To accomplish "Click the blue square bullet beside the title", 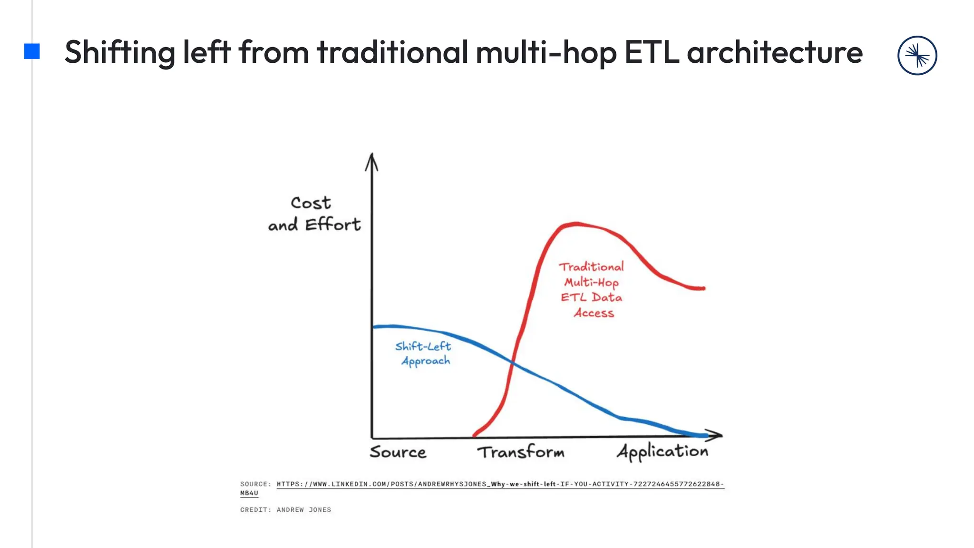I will pos(32,51).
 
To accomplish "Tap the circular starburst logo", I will pos(917,56).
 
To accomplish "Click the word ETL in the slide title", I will pos(652,52).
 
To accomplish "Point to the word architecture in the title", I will pos(775,52).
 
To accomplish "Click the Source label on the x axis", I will pos(398,452).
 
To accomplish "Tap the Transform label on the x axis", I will pos(521,452).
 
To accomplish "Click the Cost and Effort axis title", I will pos(314,214).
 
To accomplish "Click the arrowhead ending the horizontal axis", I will pos(716,435).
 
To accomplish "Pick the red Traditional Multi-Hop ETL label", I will pos(592,289).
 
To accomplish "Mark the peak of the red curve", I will pos(576,223).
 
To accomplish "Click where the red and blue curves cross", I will pos(513,363).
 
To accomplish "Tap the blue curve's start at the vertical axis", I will pos(375,327).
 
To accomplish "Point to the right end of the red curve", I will pos(703,288).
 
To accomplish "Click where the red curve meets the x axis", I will pos(475,435).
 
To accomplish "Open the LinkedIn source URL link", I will pos(499,484).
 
